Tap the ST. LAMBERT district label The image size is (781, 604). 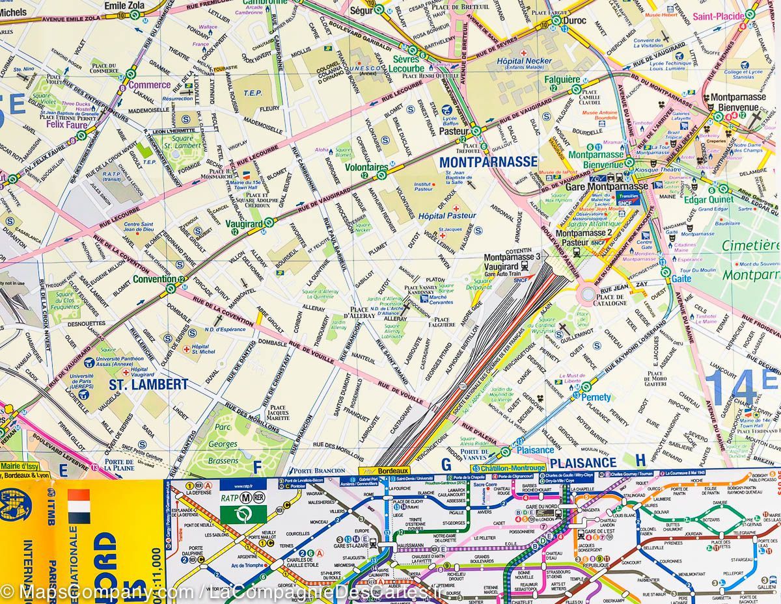(148, 384)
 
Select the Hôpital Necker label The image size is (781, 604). (524, 61)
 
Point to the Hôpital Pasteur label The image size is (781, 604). (446, 216)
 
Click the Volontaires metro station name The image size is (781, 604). (366, 166)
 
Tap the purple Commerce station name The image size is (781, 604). (149, 85)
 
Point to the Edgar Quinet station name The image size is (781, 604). (708, 200)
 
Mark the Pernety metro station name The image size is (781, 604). (596, 397)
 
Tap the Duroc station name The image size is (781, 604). (574, 20)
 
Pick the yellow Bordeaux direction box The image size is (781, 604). (384, 471)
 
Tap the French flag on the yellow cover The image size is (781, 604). (78, 507)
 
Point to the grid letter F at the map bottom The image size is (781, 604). (256, 466)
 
